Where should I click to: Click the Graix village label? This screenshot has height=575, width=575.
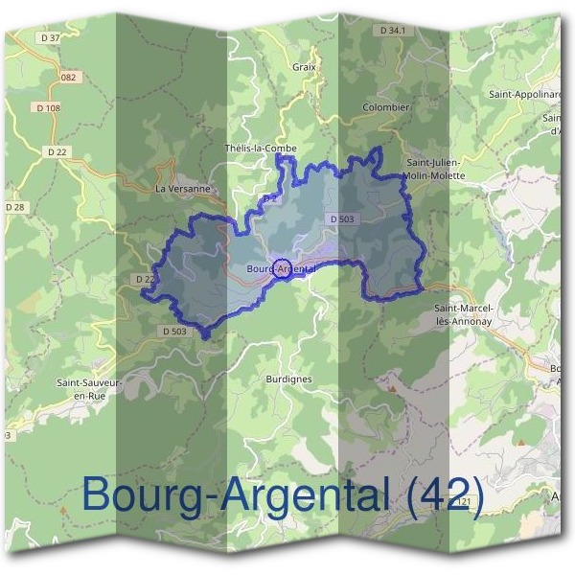click(x=304, y=67)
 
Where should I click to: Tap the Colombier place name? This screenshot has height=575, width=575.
click(x=386, y=107)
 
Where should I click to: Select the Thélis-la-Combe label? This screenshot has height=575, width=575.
click(x=260, y=148)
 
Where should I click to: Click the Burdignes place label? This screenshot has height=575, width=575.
click(x=288, y=379)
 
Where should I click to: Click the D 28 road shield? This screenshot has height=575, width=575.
click(x=14, y=207)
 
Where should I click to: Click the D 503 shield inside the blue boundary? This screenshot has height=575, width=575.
click(x=342, y=219)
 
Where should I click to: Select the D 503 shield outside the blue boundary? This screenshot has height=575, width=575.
click(x=173, y=331)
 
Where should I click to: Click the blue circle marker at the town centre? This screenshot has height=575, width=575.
click(x=282, y=268)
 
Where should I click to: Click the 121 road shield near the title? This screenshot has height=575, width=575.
click(x=466, y=500)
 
